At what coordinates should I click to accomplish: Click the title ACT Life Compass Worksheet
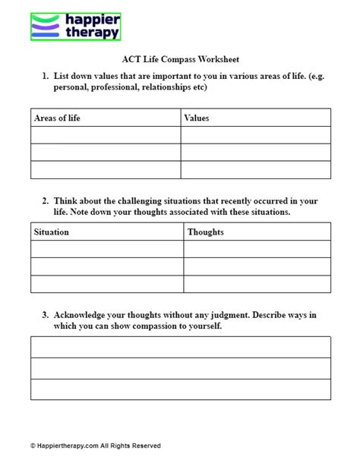[x=181, y=59]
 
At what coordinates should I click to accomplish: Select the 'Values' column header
[x=197, y=118]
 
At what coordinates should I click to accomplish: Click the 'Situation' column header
[x=52, y=232]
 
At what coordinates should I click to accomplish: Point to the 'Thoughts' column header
[x=206, y=232]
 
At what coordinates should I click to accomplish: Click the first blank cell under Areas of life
[x=106, y=135]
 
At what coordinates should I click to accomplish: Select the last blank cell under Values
[x=255, y=170]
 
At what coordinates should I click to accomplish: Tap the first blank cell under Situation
[x=107, y=249]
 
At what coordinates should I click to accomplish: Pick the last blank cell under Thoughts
[x=257, y=284]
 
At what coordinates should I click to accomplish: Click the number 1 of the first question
[x=45, y=76]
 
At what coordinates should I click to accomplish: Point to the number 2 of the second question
[x=45, y=201]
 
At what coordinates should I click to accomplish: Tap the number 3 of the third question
[x=45, y=314]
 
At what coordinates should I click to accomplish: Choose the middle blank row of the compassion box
[x=181, y=368]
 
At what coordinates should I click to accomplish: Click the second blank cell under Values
[x=255, y=153]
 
